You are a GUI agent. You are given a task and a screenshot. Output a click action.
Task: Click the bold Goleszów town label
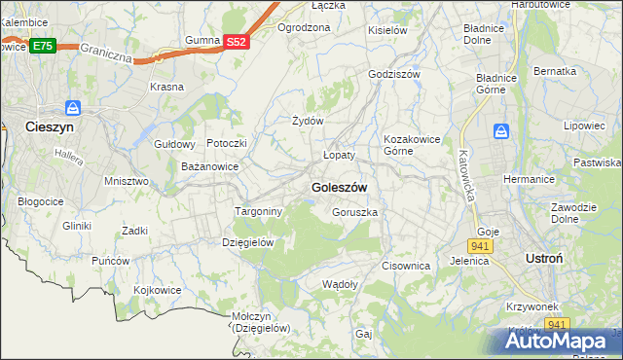pos(339,187)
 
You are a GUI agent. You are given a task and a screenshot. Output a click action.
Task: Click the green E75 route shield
pos(42,46)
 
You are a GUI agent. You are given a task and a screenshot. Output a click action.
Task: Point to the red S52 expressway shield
pos(237,42)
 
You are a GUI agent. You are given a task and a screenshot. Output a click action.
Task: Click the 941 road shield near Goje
pos(484,246)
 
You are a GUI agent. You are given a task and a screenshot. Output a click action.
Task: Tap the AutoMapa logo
pos(561,342)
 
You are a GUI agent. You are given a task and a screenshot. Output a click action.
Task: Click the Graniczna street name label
pos(105,52)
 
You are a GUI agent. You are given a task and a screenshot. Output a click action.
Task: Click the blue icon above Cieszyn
pos(70,108)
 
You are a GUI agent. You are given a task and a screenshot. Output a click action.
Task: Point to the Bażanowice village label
pos(210,166)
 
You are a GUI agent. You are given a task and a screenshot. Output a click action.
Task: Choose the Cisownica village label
pos(406,265)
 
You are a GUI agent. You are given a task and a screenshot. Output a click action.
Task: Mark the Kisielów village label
pos(387,30)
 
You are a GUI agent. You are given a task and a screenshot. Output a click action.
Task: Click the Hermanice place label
pos(529,180)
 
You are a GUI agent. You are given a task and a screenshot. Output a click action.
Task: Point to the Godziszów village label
pos(393,74)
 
